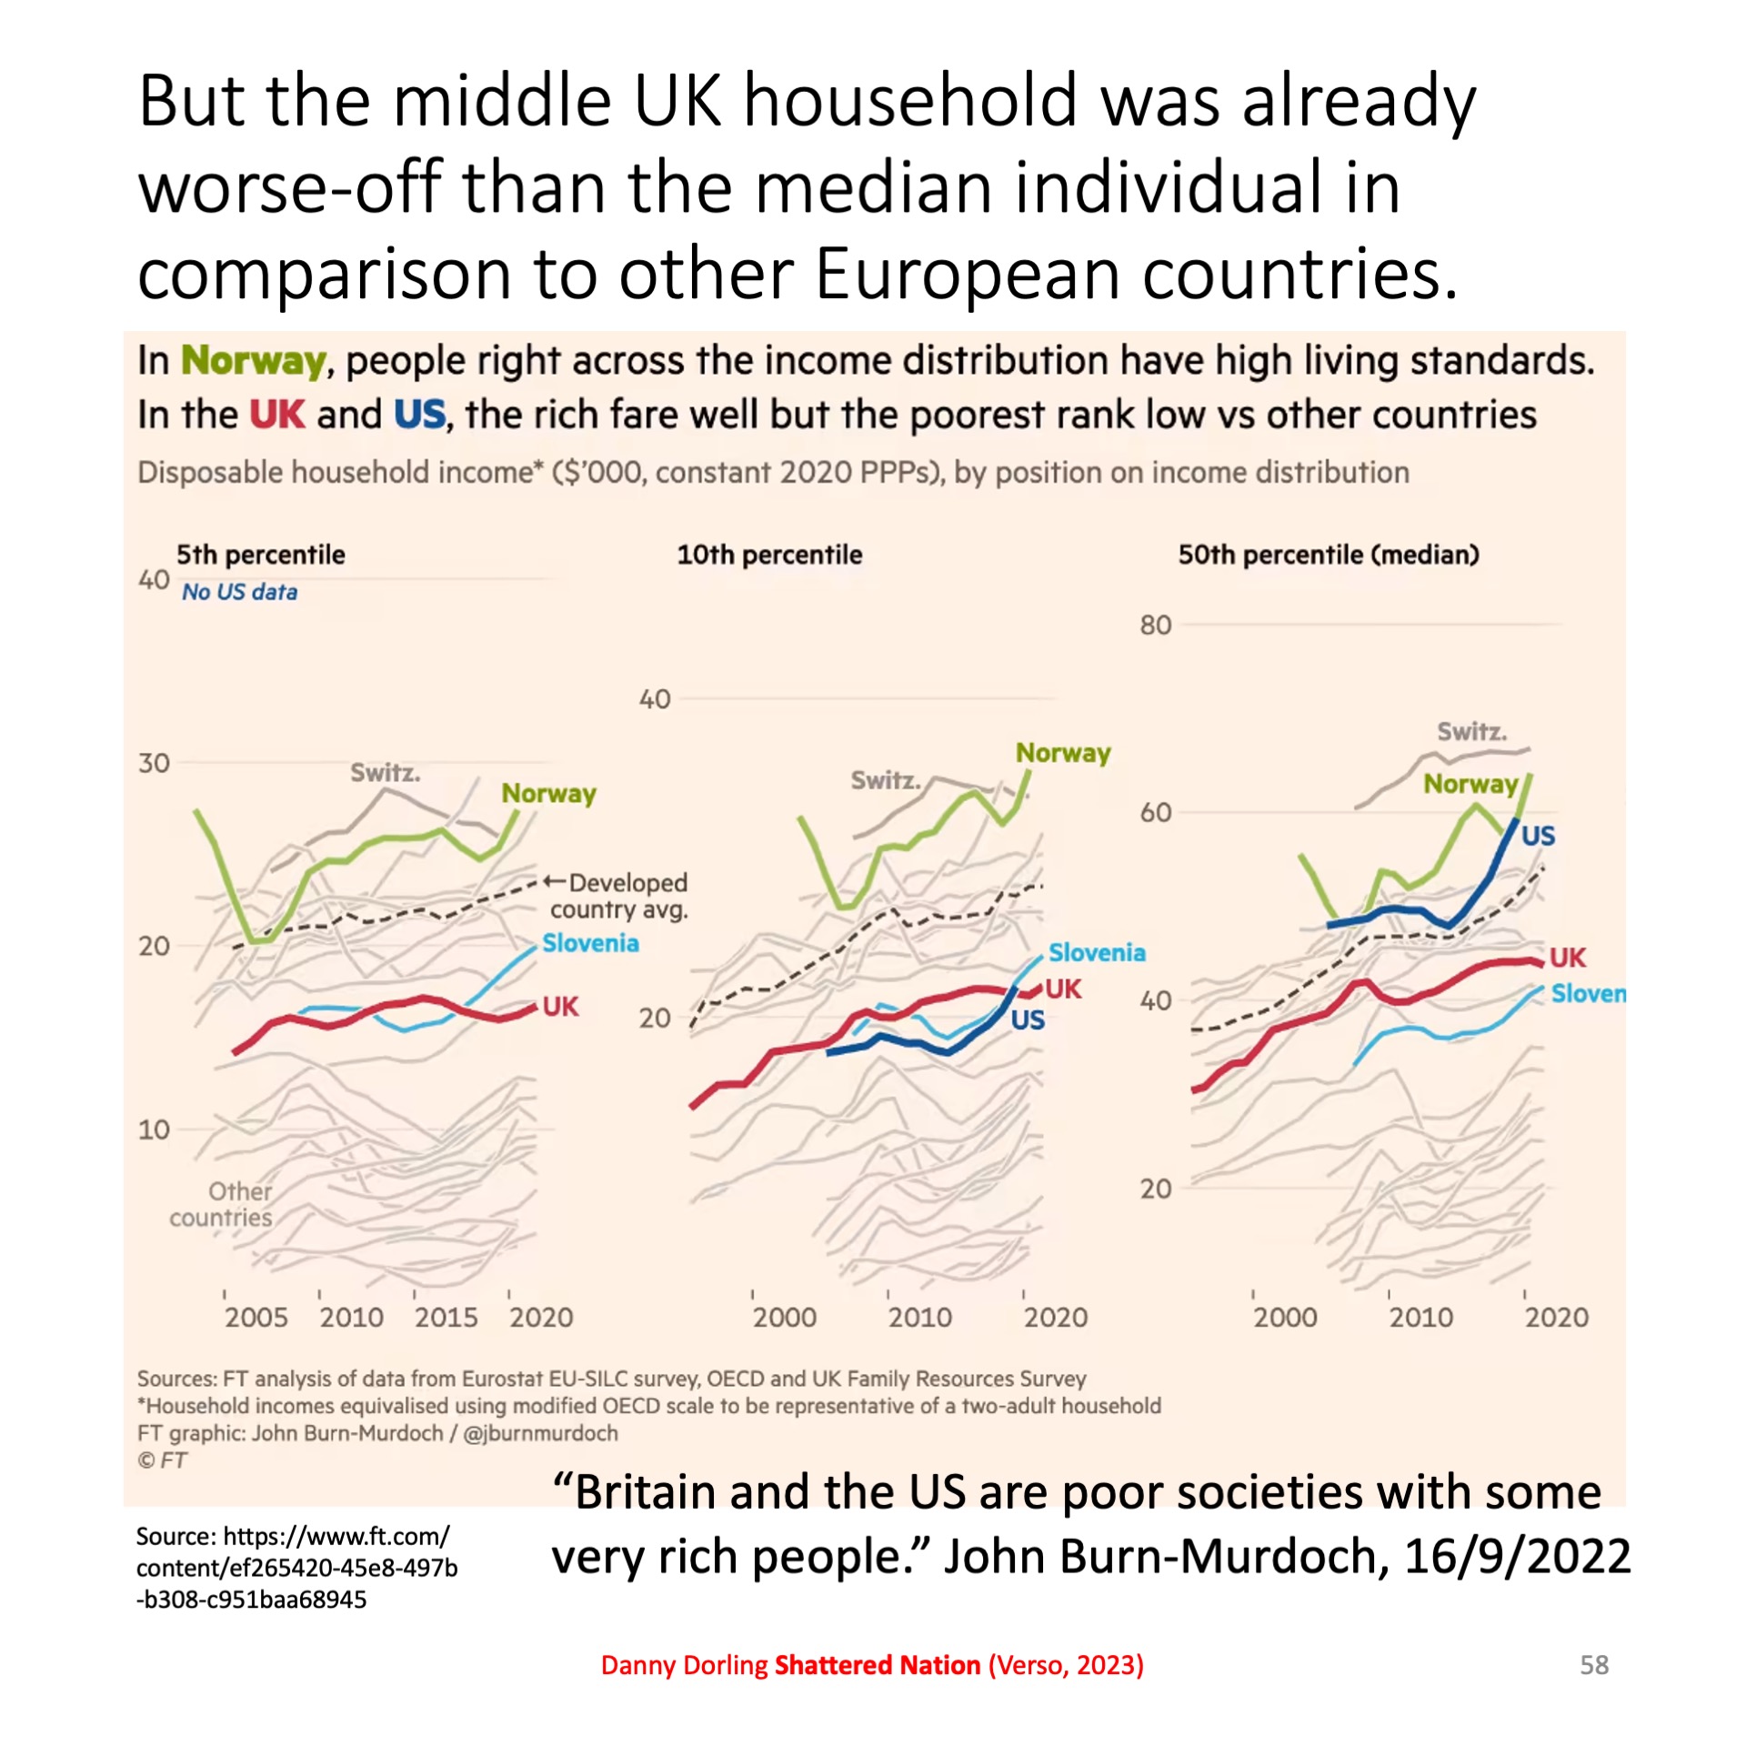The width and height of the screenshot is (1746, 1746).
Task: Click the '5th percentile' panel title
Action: [x=260, y=555]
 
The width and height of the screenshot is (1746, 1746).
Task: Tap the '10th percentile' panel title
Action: [x=768, y=555]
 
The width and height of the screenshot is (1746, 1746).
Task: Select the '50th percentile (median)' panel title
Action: [x=1328, y=555]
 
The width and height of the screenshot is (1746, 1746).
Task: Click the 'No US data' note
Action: [x=239, y=592]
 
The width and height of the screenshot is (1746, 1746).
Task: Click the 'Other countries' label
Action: [x=221, y=1204]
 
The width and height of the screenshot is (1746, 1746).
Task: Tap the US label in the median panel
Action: [x=1538, y=836]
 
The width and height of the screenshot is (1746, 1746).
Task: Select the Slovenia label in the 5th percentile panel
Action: [x=590, y=943]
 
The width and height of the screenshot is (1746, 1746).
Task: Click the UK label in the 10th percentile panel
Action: [x=1063, y=989]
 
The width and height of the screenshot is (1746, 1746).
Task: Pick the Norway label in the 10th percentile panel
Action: [x=1062, y=753]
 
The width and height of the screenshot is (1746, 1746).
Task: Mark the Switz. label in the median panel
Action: [x=1471, y=731]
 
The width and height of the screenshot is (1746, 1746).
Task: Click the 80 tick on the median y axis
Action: [x=1155, y=626]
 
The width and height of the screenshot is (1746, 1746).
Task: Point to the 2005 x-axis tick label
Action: [x=256, y=1317]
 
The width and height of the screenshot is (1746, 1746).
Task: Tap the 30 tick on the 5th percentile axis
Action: [x=154, y=763]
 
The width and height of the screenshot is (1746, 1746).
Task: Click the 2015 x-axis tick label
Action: [x=446, y=1317]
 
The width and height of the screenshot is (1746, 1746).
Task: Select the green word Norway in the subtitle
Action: [x=253, y=361]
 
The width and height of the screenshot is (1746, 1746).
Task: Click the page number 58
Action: [x=1593, y=1664]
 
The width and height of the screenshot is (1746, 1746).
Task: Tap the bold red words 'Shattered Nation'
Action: [x=877, y=1664]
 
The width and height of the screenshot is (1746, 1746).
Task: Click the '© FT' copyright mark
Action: [x=162, y=1460]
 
